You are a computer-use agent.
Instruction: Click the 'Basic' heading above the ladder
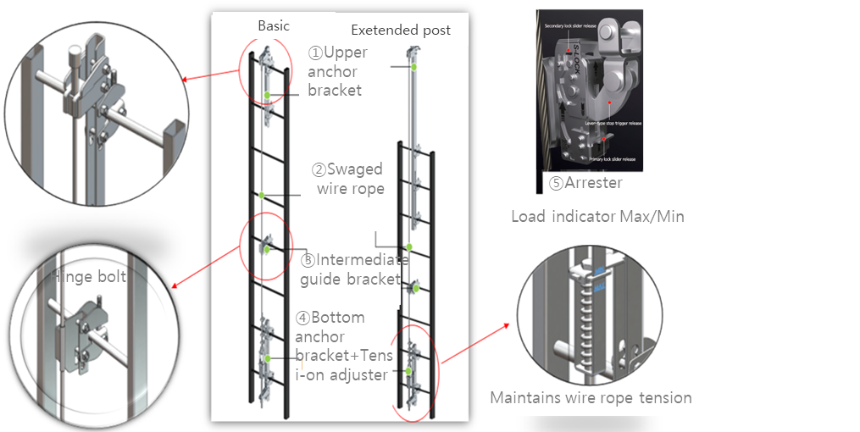pyautogui.click(x=273, y=26)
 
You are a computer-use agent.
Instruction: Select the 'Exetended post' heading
pyautogui.click(x=401, y=30)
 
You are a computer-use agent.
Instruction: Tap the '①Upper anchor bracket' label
pyautogui.click(x=337, y=71)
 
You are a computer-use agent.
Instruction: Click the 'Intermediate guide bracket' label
pyautogui.click(x=350, y=269)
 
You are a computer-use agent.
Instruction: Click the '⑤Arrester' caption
pyautogui.click(x=585, y=182)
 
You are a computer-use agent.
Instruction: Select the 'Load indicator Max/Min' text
pyautogui.click(x=597, y=217)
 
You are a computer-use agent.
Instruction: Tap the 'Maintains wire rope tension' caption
pyautogui.click(x=591, y=398)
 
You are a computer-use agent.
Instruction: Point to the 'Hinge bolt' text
pyautogui.click(x=90, y=277)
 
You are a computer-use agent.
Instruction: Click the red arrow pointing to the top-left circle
pyautogui.click(x=212, y=76)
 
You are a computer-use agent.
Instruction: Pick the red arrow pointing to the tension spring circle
pyautogui.click(x=478, y=342)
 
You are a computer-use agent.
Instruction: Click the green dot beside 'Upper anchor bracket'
pyautogui.click(x=266, y=95)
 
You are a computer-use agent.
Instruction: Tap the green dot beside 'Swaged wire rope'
pyautogui.click(x=262, y=196)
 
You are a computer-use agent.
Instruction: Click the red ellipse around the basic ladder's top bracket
pyautogui.click(x=263, y=74)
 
